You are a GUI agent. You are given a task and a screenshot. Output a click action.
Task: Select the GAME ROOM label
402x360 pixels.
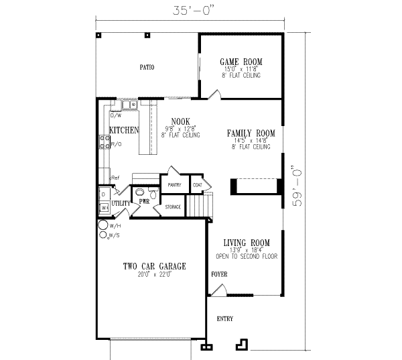click(x=240, y=62)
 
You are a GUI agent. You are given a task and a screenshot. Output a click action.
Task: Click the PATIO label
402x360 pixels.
click(x=147, y=68)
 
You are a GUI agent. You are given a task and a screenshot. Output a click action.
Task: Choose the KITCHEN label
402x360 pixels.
click(x=124, y=130)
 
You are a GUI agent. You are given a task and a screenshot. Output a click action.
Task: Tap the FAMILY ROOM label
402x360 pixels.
click(x=251, y=133)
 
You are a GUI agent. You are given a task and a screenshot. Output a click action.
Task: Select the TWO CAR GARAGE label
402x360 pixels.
click(x=154, y=266)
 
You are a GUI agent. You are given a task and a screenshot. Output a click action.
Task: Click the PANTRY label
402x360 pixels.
click(x=176, y=184)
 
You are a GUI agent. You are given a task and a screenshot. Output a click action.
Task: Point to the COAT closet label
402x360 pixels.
click(x=198, y=184)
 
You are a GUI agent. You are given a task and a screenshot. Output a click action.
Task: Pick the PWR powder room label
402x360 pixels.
click(x=143, y=200)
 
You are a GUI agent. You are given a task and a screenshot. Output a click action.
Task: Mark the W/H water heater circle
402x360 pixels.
click(x=103, y=225)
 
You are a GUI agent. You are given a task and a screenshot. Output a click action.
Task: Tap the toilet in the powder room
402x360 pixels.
click(x=152, y=194)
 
